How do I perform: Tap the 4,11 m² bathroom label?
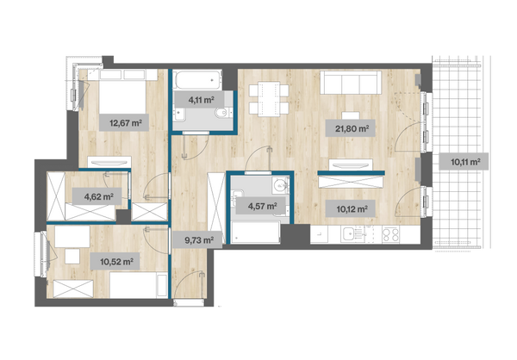pyautogui.click(x=200, y=99)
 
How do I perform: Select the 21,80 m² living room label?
pyautogui.click(x=351, y=128)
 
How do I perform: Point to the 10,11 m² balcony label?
pyautogui.click(x=464, y=162)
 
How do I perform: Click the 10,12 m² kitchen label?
pyautogui.click(x=351, y=208)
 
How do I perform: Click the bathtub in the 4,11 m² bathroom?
pyautogui.click(x=198, y=79)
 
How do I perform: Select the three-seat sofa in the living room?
pyautogui.click(x=351, y=83)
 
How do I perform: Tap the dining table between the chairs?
pyautogui.click(x=269, y=99)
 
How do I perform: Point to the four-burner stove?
pyautogui.click(x=390, y=235)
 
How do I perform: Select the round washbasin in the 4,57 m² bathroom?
pyautogui.click(x=280, y=185)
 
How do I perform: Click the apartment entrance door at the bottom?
pyautogui.click(x=189, y=302)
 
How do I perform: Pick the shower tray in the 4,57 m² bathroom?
pyautogui.click(x=256, y=233)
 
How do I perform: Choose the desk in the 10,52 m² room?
pyautogui.click(x=72, y=237)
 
